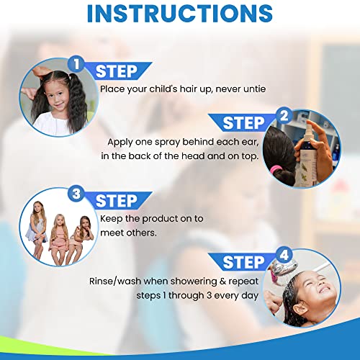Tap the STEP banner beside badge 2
coord(245,123)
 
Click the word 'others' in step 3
coord(148,233)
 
